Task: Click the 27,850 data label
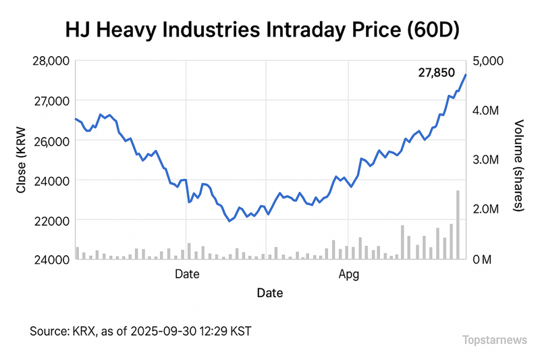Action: pyautogui.click(x=437, y=73)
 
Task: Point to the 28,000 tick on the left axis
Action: pyautogui.click(x=51, y=61)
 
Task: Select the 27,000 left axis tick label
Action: pyautogui.click(x=51, y=101)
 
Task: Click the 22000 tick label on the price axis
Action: pyautogui.click(x=51, y=221)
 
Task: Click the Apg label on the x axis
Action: pyautogui.click(x=348, y=275)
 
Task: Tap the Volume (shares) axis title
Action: pyautogui.click(x=518, y=165)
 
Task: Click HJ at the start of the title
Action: pyautogui.click(x=76, y=30)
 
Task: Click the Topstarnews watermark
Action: pyautogui.click(x=494, y=340)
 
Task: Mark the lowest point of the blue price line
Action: pyautogui.click(x=230, y=221)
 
